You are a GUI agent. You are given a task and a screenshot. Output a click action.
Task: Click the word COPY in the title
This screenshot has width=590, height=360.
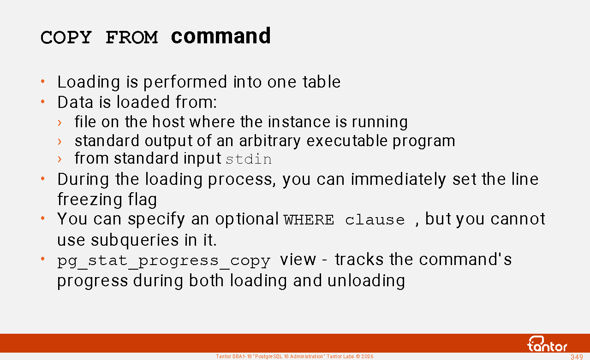pos(66,37)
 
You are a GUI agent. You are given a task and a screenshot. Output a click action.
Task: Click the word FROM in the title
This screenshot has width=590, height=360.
pos(131,37)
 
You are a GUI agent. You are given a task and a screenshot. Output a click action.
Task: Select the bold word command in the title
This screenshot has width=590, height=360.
pos(221,36)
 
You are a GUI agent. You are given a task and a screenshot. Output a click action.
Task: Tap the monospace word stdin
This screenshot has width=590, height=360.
pos(249,159)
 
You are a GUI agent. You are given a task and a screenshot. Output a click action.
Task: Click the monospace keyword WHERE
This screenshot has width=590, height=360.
pos(309,220)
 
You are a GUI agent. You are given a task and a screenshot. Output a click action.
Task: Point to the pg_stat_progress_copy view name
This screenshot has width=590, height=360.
pos(164,261)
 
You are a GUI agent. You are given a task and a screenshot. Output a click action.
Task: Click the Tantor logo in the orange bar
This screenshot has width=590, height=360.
pos(547,344)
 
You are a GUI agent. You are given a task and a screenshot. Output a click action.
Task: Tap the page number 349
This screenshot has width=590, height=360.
pos(577,357)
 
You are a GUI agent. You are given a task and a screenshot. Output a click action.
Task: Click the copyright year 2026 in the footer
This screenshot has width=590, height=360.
pos(367,356)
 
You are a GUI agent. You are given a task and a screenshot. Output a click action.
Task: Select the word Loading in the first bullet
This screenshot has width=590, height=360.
pos(89,83)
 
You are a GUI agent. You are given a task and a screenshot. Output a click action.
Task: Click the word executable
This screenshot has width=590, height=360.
pos(347,141)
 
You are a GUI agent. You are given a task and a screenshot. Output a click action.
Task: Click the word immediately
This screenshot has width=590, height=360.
pos(398,180)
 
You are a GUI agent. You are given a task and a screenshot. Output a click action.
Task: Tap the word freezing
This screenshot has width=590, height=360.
pos(90,200)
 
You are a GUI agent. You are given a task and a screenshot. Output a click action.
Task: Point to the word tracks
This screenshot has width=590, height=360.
pos(359,260)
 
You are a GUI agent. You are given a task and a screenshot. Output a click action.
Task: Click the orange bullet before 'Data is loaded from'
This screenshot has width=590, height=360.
pos(43,101)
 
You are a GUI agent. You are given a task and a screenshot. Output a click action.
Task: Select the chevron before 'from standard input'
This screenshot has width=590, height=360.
pos(60,159)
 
